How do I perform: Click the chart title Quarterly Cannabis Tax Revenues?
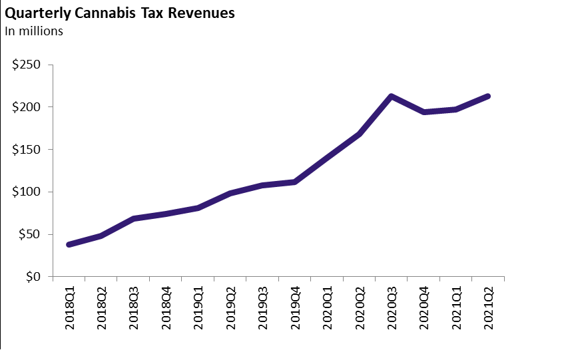120,13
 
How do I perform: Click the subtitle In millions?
34,31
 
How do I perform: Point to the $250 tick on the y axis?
27,65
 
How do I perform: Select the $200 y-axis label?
27,107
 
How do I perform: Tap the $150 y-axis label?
27,150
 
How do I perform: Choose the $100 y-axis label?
27,192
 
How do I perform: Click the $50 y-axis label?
30,234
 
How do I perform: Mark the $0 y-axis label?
33,277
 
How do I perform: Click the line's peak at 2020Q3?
392,96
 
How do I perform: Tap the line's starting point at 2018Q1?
69,244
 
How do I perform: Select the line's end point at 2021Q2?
488,96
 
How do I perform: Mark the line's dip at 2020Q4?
423,112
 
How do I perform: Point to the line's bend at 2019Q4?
295,182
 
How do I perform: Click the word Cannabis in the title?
106,13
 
